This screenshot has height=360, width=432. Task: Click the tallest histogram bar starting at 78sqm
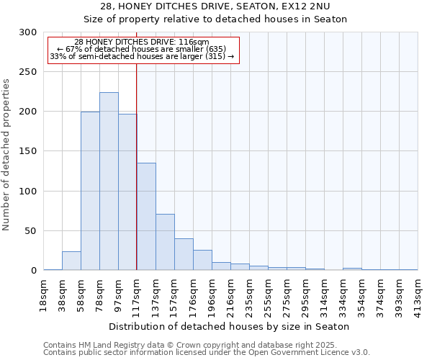point(109,181)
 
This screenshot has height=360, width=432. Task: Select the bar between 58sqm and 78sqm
point(90,191)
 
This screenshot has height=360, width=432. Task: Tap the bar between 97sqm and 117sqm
point(127,192)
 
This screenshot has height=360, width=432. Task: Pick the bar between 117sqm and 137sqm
point(146,216)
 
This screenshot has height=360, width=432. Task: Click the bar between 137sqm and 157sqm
point(165,242)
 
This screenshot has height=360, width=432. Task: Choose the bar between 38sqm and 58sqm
point(71,261)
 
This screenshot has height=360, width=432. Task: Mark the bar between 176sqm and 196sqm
point(202,260)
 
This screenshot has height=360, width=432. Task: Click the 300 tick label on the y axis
point(28,32)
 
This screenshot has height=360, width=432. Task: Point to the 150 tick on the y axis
point(28,152)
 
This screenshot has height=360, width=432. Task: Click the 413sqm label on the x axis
point(418,295)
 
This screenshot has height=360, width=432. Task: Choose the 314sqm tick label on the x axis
point(325,295)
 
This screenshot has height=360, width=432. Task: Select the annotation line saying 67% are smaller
point(141,49)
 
